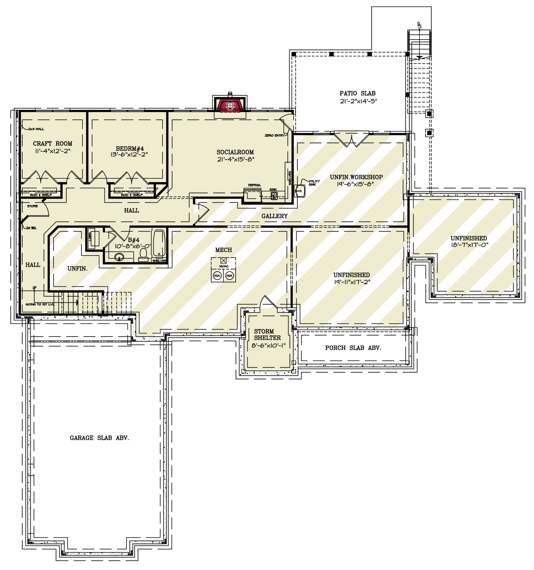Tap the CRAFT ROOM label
(x=52, y=144)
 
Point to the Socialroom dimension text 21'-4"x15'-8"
(x=235, y=160)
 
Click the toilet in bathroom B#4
(x=143, y=253)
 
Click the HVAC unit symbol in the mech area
(x=224, y=261)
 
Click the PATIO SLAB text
(x=357, y=93)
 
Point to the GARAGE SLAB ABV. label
(x=99, y=438)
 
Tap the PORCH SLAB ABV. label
(x=353, y=348)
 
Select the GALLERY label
(x=274, y=216)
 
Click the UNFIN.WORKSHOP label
(x=356, y=177)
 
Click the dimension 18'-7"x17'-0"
(x=469, y=245)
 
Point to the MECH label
(x=224, y=250)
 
